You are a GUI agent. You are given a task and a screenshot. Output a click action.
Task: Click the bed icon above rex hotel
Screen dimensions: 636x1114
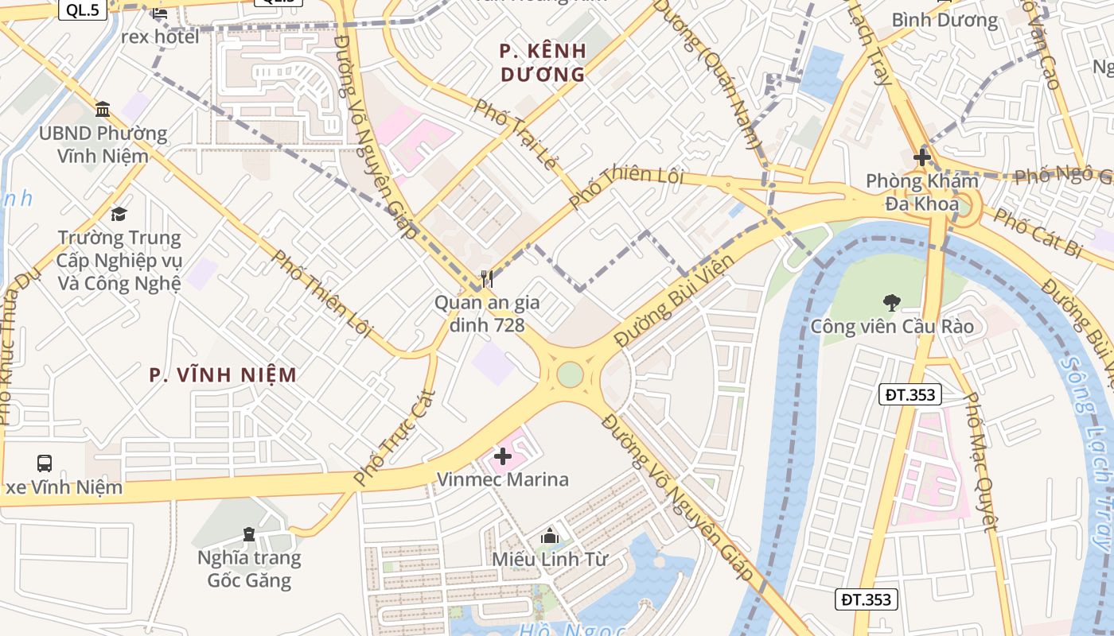[160, 13]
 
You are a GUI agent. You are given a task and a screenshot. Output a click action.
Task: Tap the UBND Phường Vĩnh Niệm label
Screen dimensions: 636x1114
[103, 144]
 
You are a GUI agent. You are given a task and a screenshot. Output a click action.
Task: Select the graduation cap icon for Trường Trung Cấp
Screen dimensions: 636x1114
[119, 214]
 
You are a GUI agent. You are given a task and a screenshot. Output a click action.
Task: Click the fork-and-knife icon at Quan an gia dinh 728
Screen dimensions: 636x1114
[486, 278]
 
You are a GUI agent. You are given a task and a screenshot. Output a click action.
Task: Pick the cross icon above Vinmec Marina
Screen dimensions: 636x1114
[502, 456]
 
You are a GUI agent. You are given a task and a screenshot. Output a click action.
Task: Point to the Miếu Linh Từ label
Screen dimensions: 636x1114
[549, 559]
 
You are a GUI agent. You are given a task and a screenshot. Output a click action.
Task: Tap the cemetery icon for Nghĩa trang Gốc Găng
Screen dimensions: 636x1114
[249, 533]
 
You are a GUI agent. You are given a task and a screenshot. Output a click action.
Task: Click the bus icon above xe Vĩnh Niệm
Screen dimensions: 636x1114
[45, 463]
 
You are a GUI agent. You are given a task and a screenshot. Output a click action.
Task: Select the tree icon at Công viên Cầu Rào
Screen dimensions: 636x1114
[891, 302]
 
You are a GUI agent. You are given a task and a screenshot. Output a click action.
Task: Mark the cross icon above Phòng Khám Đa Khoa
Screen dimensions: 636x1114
[922, 157]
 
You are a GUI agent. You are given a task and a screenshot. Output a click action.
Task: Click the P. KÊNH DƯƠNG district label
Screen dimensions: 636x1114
[543, 63]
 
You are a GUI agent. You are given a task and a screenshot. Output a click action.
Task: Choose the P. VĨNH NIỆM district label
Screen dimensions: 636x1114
[224, 374]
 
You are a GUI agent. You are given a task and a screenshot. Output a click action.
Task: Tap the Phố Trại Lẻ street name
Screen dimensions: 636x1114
[516, 134]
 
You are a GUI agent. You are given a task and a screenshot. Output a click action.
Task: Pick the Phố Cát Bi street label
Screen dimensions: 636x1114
[1038, 232]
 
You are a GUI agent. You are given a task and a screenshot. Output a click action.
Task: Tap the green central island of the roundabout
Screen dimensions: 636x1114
[570, 374]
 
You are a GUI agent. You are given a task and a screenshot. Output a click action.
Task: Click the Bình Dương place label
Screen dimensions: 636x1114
[944, 20]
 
